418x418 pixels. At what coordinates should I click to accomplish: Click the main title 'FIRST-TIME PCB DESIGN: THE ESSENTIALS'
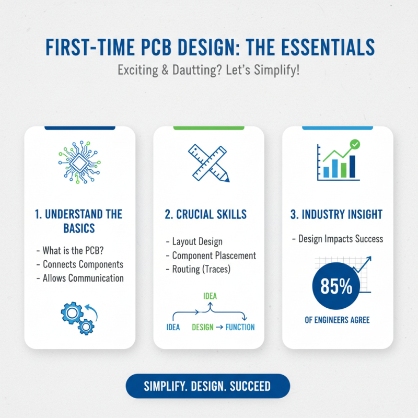(x=209, y=47)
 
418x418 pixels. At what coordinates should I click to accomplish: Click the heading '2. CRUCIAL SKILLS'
(x=208, y=215)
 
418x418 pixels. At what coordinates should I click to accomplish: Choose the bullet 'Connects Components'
(x=79, y=264)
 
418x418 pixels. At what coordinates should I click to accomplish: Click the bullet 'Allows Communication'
(x=80, y=278)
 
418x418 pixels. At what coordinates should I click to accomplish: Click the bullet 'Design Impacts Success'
(x=338, y=239)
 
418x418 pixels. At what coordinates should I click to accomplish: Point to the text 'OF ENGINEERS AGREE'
(x=337, y=320)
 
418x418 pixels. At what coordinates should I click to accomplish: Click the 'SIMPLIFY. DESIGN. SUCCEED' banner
(x=207, y=387)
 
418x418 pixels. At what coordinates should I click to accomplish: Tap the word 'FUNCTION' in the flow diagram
(x=240, y=328)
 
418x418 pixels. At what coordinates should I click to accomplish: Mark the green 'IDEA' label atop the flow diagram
(x=210, y=296)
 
